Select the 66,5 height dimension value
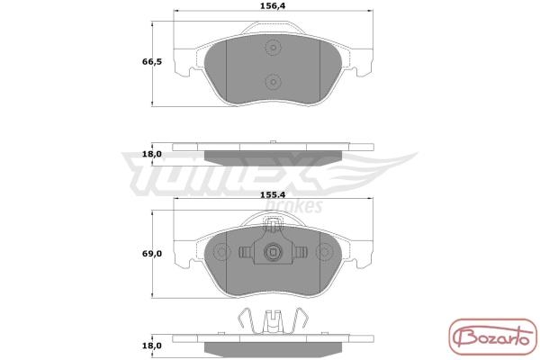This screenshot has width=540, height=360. click(x=152, y=62)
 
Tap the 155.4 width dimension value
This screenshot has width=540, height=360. click(x=273, y=195)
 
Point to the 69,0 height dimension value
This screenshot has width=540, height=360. click(x=152, y=254)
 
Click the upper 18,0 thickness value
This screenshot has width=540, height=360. click(x=152, y=154)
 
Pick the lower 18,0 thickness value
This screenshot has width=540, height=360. click(x=152, y=346)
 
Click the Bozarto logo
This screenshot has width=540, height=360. click(x=493, y=337)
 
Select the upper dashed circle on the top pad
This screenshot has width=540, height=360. click(x=273, y=48)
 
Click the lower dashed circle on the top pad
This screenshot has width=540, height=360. click(x=273, y=82)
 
